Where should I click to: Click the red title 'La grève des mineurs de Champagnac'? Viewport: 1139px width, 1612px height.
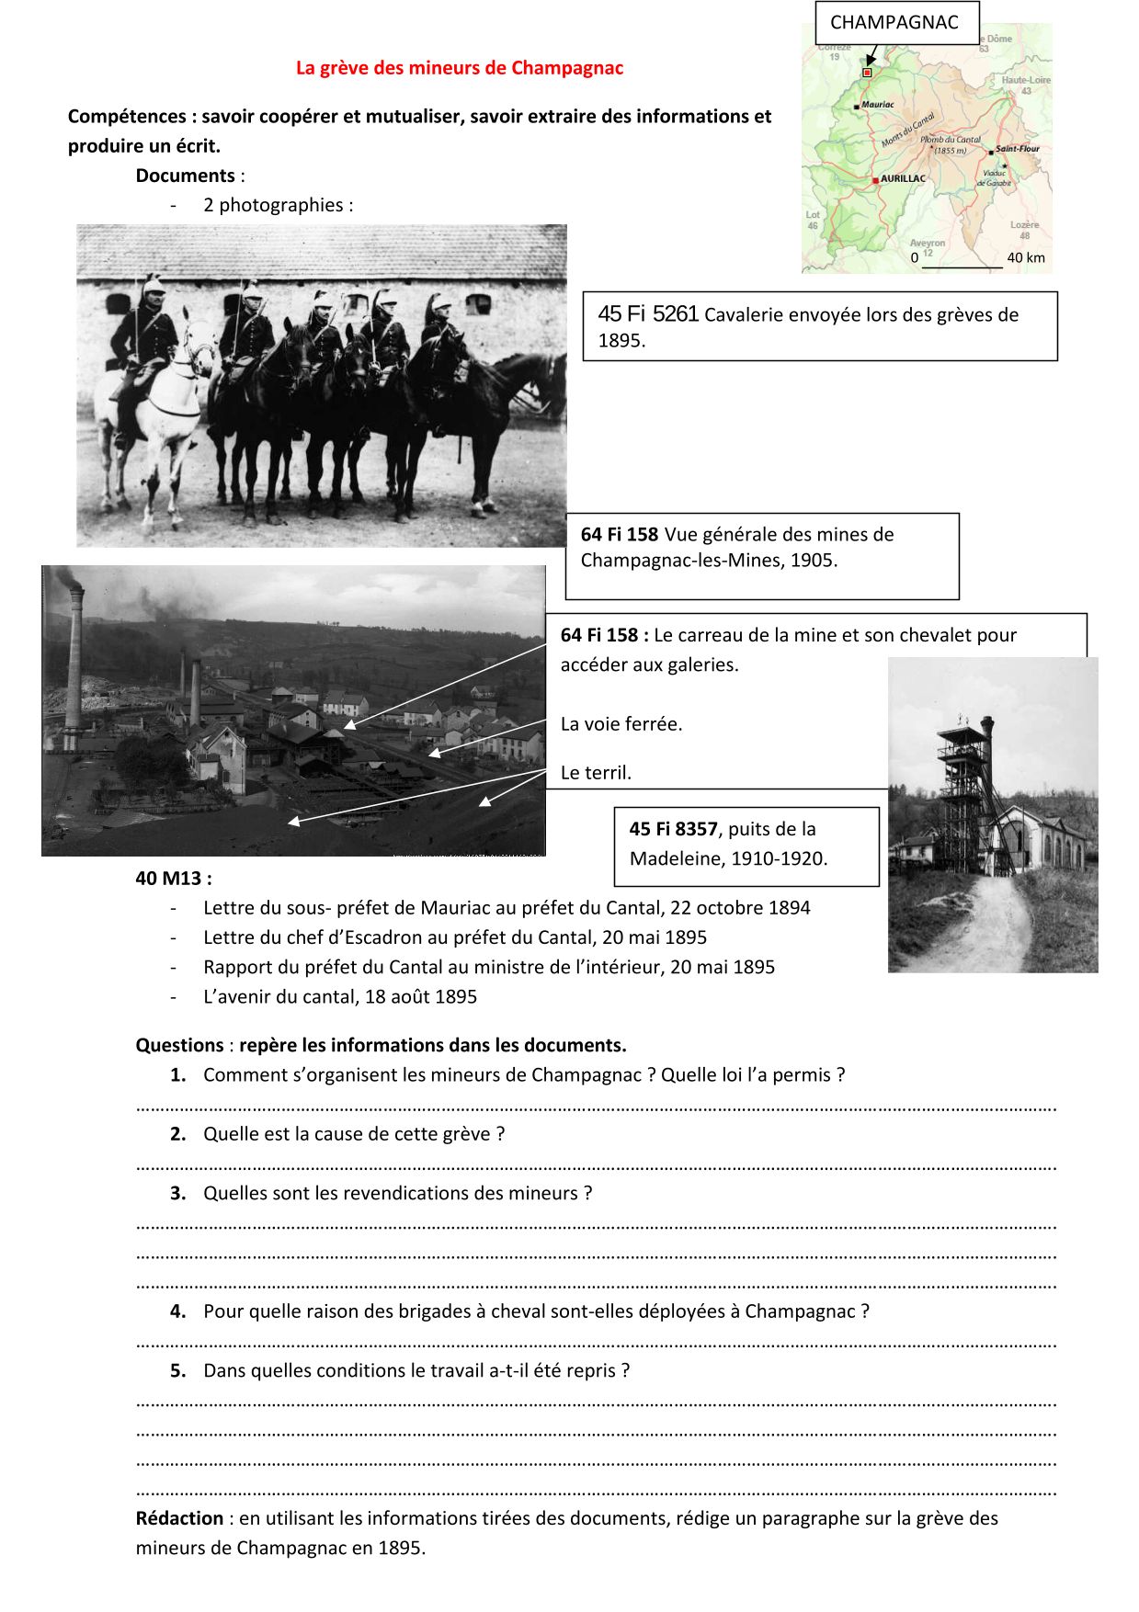pos(459,68)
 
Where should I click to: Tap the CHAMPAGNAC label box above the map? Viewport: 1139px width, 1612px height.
pos(894,23)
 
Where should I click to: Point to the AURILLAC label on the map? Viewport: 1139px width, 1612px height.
pos(903,178)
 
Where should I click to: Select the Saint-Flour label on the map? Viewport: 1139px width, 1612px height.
pos(1017,149)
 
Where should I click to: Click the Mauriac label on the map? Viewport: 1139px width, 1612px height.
pos(877,105)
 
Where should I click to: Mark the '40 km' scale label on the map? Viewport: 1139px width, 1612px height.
pos(1025,258)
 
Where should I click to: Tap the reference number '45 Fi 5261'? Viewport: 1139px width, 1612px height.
pos(648,314)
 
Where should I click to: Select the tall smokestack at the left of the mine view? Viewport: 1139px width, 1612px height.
pos(74,662)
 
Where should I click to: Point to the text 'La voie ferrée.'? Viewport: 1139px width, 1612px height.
pos(621,724)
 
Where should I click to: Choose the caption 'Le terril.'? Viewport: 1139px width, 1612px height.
pos(596,773)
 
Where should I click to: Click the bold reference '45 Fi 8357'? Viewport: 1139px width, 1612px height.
pos(673,829)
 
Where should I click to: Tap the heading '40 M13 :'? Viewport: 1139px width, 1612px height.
pos(173,879)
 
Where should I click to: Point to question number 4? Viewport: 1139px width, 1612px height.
pos(178,1311)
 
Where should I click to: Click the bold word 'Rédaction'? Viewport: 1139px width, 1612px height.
pos(179,1518)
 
